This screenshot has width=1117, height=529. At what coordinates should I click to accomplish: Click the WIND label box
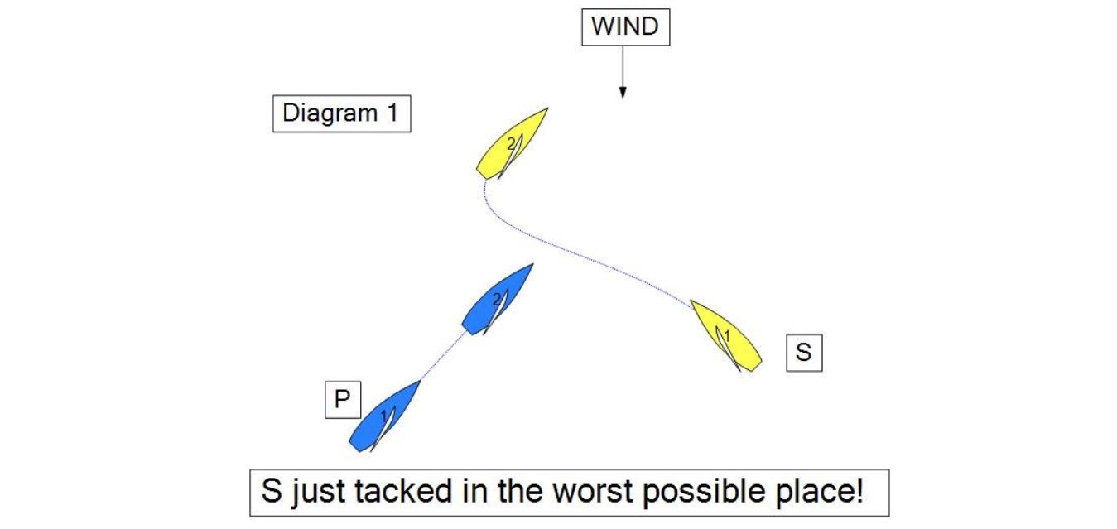coord(626,27)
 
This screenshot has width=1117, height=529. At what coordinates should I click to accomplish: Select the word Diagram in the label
coord(330,113)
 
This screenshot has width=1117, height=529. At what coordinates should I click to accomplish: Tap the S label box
coord(804,353)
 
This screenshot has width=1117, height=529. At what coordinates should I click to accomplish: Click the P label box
coord(343,400)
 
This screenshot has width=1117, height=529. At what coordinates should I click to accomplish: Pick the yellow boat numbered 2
coord(512,144)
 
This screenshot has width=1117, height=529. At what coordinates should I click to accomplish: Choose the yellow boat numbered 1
coord(726,336)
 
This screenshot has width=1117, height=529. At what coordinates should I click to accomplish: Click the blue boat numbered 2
coord(497,300)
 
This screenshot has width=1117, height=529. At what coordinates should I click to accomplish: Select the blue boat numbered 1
coord(384,416)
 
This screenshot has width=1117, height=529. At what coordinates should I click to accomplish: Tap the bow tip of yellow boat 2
coord(547,108)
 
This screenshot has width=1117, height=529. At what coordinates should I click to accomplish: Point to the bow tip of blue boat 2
coord(533,264)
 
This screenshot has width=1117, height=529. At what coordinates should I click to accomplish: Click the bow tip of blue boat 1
coord(421,381)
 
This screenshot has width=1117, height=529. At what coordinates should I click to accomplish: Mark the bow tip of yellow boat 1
coord(691,301)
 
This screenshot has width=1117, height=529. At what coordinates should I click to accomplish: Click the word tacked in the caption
coord(403,491)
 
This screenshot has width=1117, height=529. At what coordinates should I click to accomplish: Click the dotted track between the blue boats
coord(443,355)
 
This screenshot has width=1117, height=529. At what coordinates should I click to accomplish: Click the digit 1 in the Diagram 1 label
coord(393,113)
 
